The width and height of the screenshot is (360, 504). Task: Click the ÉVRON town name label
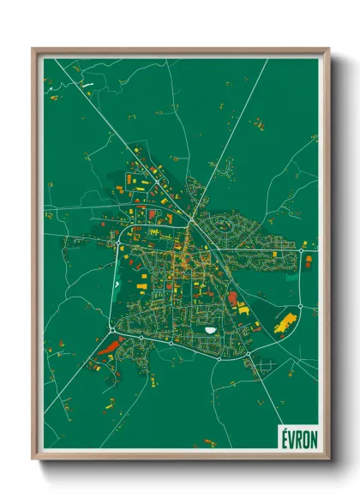(x=297, y=437)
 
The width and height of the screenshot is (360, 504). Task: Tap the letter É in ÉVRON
(x=284, y=437)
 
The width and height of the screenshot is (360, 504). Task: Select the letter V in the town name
(x=291, y=437)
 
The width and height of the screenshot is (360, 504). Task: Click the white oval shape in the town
(x=210, y=327)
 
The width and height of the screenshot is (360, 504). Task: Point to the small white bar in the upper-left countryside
(x=86, y=84)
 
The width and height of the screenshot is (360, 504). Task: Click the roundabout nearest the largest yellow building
(x=301, y=307)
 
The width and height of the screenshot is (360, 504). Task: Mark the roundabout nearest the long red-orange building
(x=111, y=330)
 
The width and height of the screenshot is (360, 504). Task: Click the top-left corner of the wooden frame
(x=34, y=50)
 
